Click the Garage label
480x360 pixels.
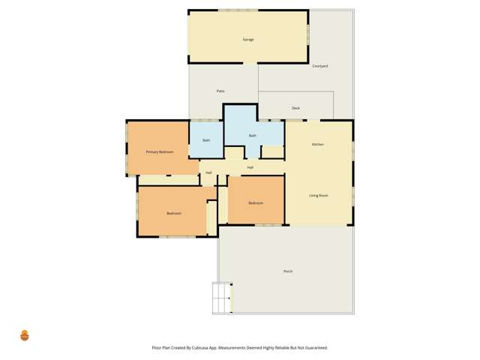pyautogui.click(x=247, y=39)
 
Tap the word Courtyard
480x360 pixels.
pyautogui.click(x=320, y=67)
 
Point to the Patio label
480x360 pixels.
pyautogui.click(x=220, y=91)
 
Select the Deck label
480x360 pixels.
pyautogui.click(x=295, y=109)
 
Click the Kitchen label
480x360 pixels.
pyautogui.click(x=318, y=144)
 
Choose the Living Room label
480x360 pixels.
pyautogui.click(x=319, y=196)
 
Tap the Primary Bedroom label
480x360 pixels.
pyautogui.click(x=160, y=152)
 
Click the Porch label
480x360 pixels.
pyautogui.click(x=288, y=271)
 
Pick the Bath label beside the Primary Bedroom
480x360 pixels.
pyautogui.click(x=205, y=141)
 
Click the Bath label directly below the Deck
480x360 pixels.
pyautogui.click(x=253, y=136)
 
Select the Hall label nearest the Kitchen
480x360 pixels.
pyautogui.click(x=250, y=167)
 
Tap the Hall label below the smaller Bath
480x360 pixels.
pyautogui.click(x=208, y=173)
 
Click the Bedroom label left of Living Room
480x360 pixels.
pyautogui.click(x=256, y=202)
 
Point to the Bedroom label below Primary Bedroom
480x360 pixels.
pyautogui.click(x=174, y=214)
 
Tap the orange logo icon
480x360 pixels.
pyautogui.click(x=24, y=335)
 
